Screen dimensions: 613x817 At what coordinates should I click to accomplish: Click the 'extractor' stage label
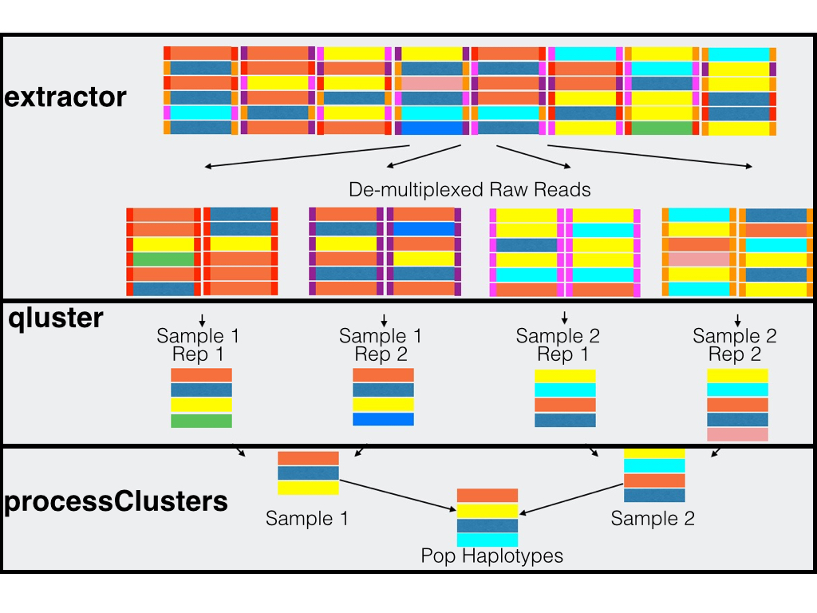coord(65,97)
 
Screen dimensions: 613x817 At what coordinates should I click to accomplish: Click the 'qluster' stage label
coord(56,318)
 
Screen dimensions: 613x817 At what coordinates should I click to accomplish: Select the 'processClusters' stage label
coord(116,501)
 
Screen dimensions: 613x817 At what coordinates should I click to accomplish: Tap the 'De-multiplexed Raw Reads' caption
coord(470,190)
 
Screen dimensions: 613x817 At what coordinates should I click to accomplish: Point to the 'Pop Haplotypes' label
coord(491,556)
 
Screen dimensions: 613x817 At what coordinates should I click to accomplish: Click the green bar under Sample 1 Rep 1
coord(201,421)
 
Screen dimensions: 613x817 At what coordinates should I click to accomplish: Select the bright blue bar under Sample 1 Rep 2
coord(383,419)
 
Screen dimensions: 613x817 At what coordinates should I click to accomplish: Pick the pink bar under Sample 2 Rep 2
coord(737,434)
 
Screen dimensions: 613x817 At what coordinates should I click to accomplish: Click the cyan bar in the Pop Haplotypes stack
coord(487,541)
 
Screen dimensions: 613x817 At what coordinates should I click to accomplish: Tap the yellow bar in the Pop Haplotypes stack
coord(487,511)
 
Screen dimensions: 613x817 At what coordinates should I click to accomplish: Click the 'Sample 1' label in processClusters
coord(306,519)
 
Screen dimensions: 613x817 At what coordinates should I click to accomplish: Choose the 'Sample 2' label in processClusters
coord(653,519)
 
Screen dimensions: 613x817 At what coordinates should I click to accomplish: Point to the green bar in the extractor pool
coord(661,128)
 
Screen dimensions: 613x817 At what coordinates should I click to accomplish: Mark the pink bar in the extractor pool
coord(432,82)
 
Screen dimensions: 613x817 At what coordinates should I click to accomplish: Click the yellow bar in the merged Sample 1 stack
coord(308,488)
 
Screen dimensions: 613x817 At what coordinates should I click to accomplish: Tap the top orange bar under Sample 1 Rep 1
coord(201,375)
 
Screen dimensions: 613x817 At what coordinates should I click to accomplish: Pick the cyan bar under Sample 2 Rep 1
coord(565,390)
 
